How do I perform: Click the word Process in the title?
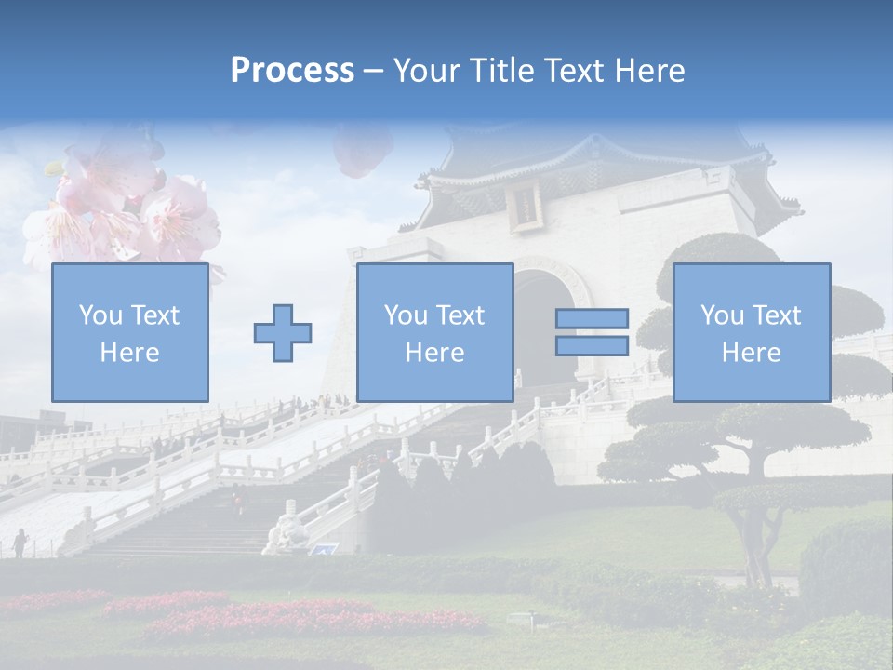[x=292, y=71]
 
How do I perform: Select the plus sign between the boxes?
[x=283, y=333]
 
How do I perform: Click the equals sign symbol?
[x=592, y=332]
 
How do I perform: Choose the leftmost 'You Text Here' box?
[x=129, y=332]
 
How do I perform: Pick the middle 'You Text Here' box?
[x=434, y=332]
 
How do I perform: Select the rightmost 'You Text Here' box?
[x=751, y=332]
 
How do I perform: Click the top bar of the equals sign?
[x=592, y=318]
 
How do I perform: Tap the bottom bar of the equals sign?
[x=592, y=346]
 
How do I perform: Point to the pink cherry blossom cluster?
[x=121, y=209]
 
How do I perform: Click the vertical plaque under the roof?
[x=526, y=205]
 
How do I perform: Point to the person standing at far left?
[x=20, y=543]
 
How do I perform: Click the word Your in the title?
[x=427, y=71]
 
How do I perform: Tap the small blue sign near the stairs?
[x=324, y=550]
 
